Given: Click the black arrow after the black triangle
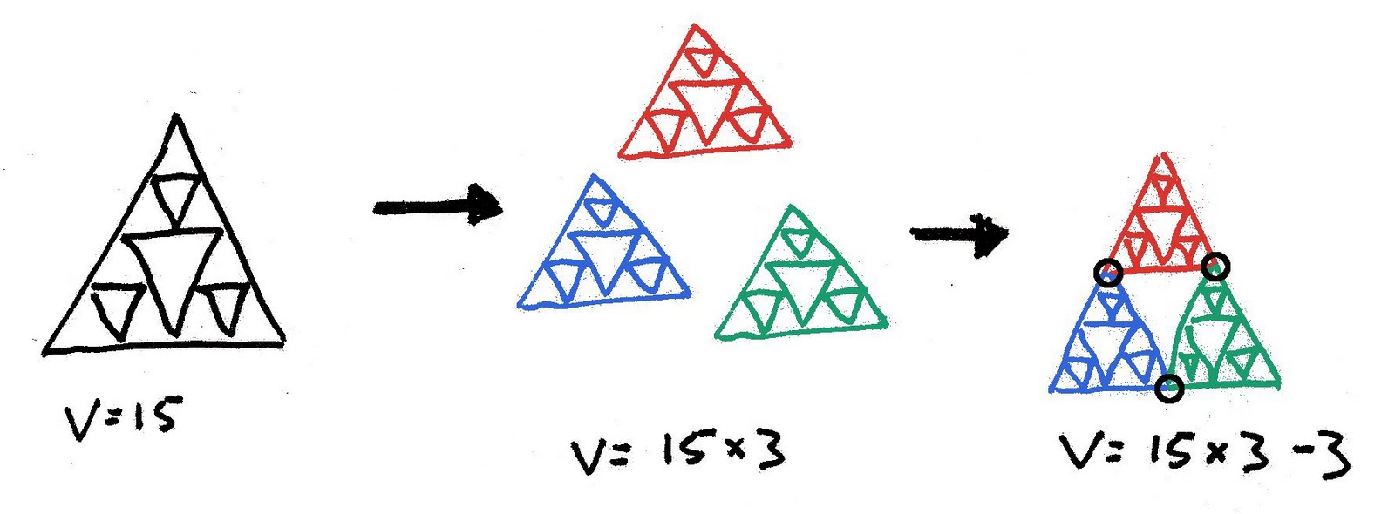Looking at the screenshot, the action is [x=438, y=206].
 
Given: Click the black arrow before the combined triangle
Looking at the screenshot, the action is [x=959, y=233].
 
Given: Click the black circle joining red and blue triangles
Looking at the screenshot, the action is [x=1108, y=273].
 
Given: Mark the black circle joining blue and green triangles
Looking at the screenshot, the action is [x=1169, y=388].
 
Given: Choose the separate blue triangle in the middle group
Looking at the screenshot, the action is [x=602, y=253].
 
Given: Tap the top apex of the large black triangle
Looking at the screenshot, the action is [x=177, y=117].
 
